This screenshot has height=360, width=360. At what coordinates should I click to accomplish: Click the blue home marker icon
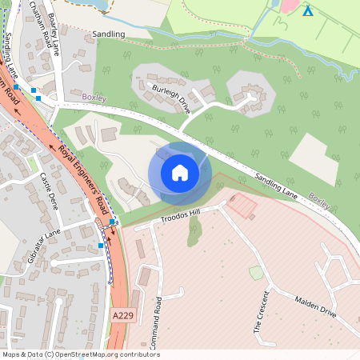(180, 172)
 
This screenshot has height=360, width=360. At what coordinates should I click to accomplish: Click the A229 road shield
(122, 317)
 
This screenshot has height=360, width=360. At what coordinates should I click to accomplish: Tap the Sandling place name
(109, 34)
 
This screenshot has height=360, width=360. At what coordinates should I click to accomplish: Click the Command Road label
(158, 315)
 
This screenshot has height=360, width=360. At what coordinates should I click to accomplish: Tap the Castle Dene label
(50, 191)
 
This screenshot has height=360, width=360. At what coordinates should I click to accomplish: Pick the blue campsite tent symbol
(308, 10)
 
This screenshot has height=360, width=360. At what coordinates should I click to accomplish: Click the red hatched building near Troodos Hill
(242, 206)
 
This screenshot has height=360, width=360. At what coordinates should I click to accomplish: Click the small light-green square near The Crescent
(256, 273)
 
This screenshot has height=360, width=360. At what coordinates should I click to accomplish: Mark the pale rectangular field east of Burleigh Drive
(313, 158)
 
